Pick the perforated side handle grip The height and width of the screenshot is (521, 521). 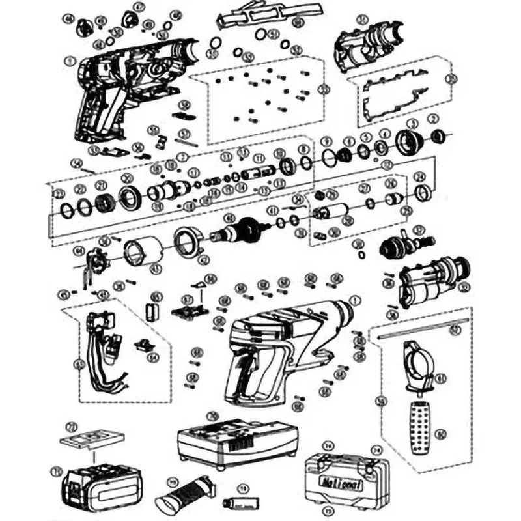tap(418, 426)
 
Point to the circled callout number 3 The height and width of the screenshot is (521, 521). tap(412, 123)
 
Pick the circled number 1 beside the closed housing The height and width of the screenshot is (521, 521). tap(355, 300)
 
